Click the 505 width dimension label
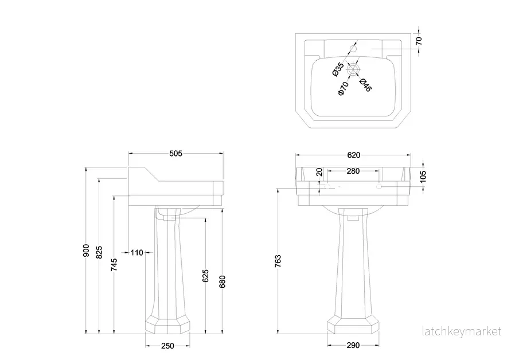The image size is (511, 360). pyautogui.click(x=175, y=154)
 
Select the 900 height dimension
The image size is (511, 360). pyautogui.click(x=86, y=250)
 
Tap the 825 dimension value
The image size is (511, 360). pyautogui.click(x=99, y=252)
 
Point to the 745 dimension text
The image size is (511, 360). pyautogui.click(x=114, y=265)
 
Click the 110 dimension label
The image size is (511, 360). pyautogui.click(x=137, y=252)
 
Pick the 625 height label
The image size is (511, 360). pyautogui.click(x=206, y=276)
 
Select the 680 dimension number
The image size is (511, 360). pyautogui.click(x=222, y=281)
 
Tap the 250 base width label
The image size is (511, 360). pyautogui.click(x=167, y=346)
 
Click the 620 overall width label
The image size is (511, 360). pyautogui.click(x=354, y=155)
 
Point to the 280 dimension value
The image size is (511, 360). pyautogui.click(x=353, y=171)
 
